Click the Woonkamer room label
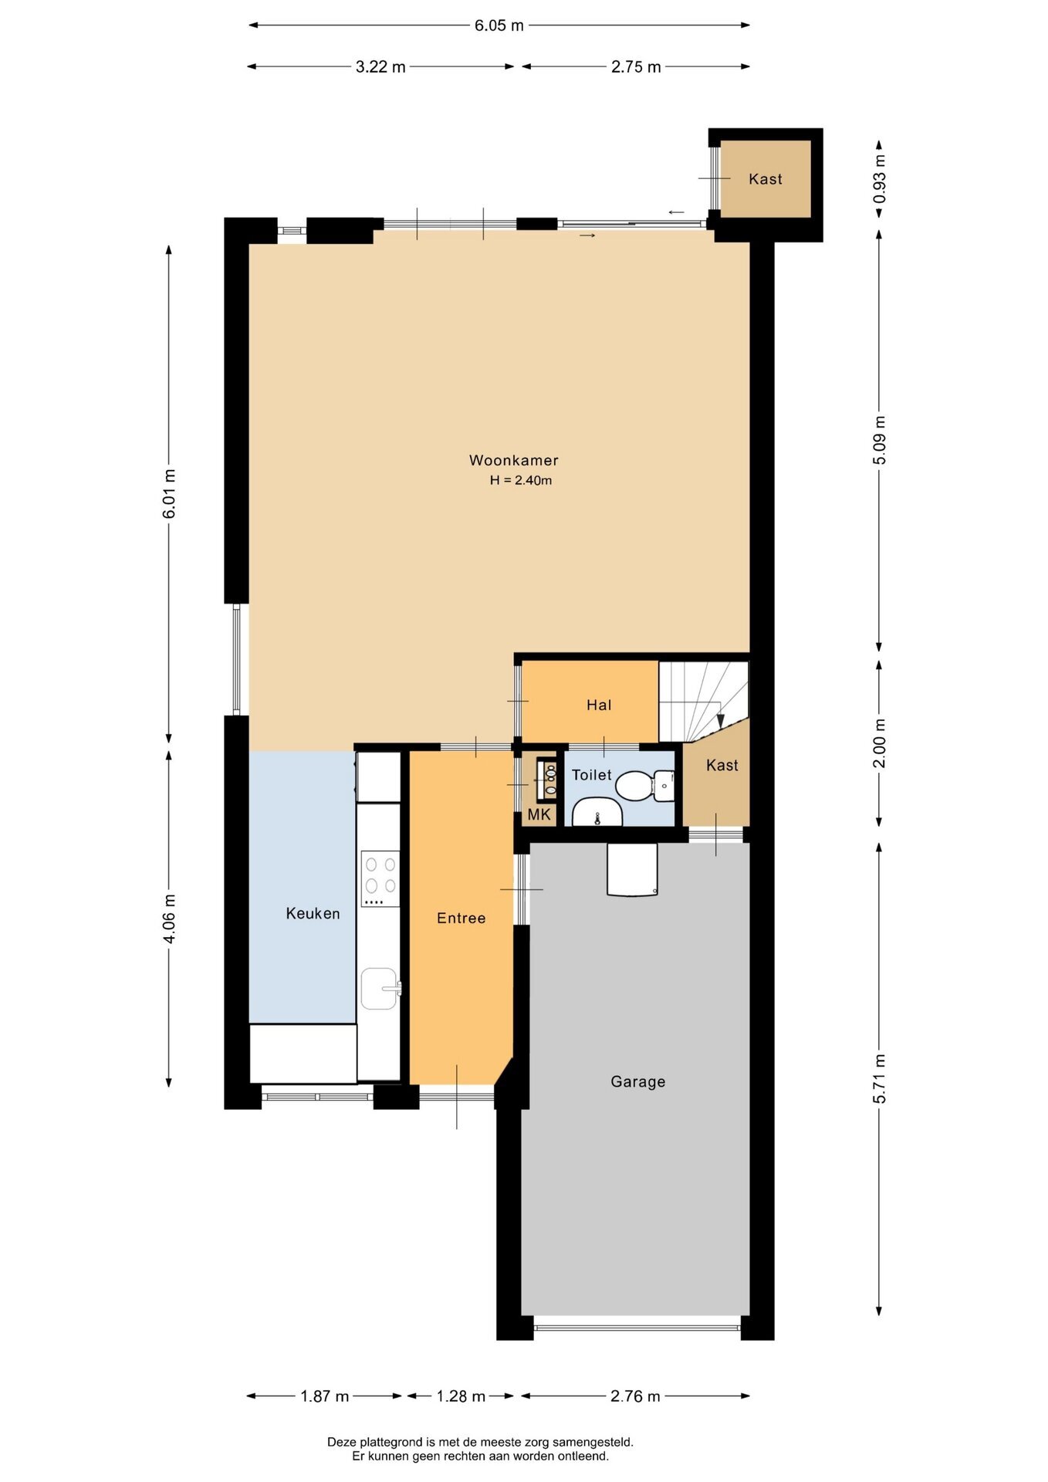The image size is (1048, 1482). (513, 460)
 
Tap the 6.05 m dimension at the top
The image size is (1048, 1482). (499, 25)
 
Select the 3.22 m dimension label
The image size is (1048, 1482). (380, 67)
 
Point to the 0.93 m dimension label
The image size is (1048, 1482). (880, 179)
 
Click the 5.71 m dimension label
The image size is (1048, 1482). (880, 1078)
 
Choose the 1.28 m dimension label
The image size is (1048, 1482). (461, 1396)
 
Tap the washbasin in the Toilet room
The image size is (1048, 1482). (597, 813)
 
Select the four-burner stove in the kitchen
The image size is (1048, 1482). (380, 879)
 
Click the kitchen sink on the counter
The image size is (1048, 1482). (380, 989)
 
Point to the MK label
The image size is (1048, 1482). (539, 814)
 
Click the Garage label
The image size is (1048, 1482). (637, 1082)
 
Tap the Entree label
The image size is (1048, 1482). (461, 918)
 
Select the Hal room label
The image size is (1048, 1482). (599, 705)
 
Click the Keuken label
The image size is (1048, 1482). (313, 914)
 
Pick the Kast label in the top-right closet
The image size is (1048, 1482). (765, 179)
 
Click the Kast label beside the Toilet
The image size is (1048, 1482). (722, 765)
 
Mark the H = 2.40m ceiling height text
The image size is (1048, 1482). (521, 480)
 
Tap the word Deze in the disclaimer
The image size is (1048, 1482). (343, 1442)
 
